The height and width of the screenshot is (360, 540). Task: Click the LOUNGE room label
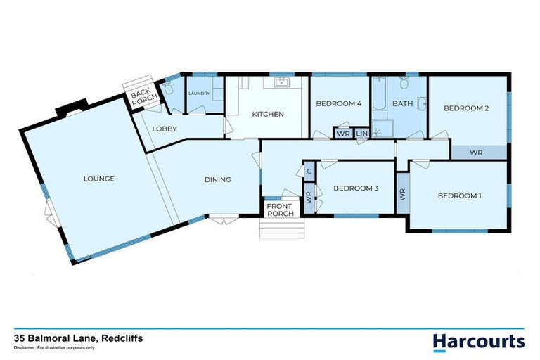(x=98, y=179)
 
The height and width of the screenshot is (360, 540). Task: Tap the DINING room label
(x=218, y=179)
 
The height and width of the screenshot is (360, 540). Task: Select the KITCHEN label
(x=268, y=114)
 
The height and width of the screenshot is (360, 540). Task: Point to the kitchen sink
(x=282, y=82)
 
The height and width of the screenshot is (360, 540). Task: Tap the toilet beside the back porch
(x=168, y=89)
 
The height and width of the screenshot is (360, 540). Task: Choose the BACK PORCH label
(x=141, y=97)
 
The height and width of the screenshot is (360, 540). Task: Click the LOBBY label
(x=165, y=129)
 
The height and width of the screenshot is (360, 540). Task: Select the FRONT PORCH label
(x=279, y=210)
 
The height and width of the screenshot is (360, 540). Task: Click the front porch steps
(x=279, y=229)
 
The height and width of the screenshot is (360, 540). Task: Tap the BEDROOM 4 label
(x=338, y=103)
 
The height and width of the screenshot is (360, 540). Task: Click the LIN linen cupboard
(x=362, y=134)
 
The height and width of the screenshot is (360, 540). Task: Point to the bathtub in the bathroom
(x=379, y=98)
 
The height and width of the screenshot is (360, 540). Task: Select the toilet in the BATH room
(x=404, y=85)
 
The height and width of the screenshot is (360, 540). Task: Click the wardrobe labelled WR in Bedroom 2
(x=476, y=152)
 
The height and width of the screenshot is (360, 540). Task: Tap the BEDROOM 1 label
(x=459, y=195)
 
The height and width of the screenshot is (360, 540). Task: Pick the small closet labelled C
(x=309, y=170)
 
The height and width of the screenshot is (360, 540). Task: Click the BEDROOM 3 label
(x=356, y=188)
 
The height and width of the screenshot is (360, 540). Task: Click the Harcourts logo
(x=478, y=341)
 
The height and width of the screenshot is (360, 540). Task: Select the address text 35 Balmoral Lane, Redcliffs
(x=78, y=337)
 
